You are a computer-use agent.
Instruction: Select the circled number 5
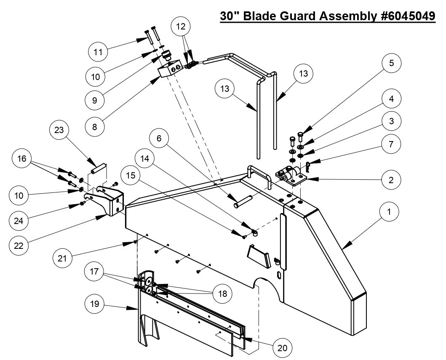click(x=391, y=63)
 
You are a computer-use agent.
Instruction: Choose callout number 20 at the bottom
click(x=283, y=347)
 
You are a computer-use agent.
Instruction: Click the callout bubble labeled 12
click(x=180, y=27)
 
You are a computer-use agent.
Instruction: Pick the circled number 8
click(x=95, y=126)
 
